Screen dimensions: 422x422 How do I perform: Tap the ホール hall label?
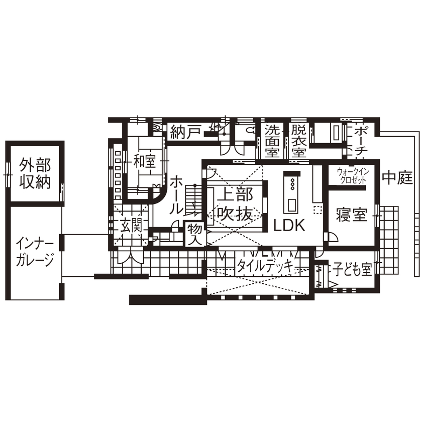[175, 195]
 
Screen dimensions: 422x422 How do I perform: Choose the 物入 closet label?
[195, 235]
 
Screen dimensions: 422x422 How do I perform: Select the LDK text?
[289, 226]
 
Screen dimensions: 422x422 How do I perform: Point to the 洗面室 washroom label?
[273, 140]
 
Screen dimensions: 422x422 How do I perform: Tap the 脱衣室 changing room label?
[299, 140]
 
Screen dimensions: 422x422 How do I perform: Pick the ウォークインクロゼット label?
[353, 176]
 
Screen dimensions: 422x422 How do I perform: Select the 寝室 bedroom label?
[352, 216]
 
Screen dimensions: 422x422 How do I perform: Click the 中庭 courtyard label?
[397, 177]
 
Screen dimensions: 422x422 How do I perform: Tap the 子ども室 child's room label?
[352, 270]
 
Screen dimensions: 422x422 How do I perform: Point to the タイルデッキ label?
[265, 266]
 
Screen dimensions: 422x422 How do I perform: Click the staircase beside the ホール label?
[193, 199]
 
